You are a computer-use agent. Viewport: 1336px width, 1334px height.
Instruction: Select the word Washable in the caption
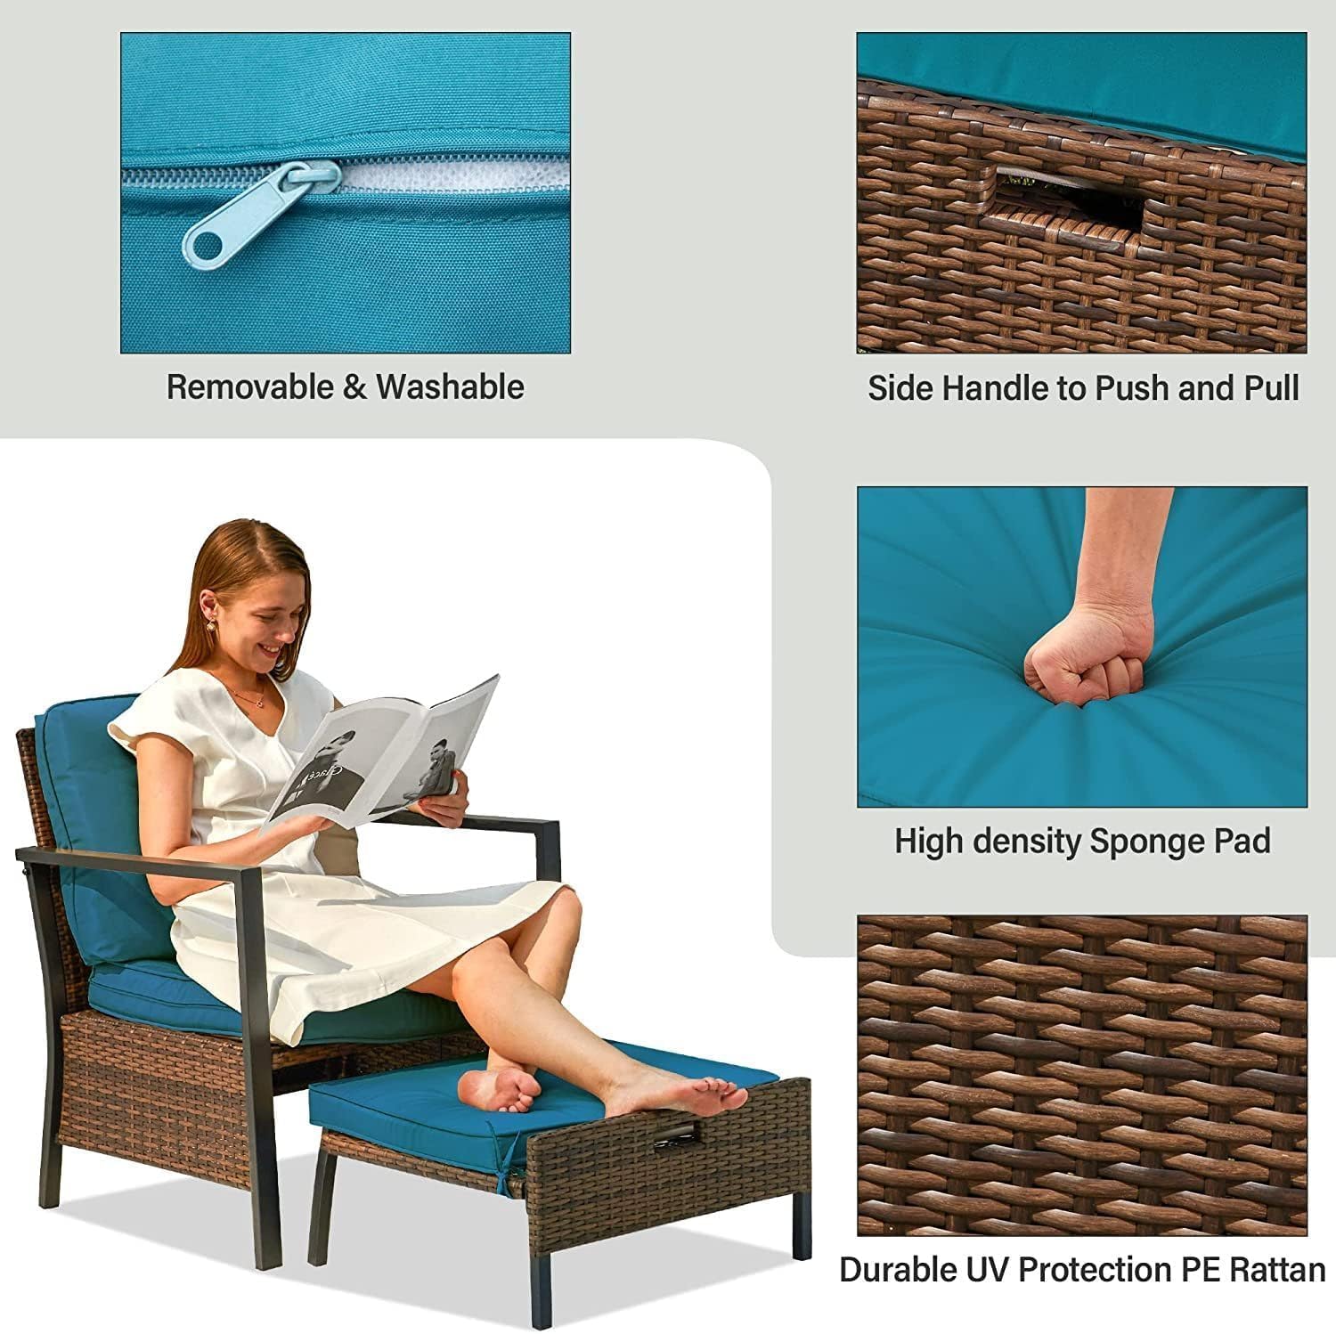point(450,387)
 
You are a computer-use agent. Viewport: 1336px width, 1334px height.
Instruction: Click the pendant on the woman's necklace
point(259,703)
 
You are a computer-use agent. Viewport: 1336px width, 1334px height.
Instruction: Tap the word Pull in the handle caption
point(1271,388)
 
